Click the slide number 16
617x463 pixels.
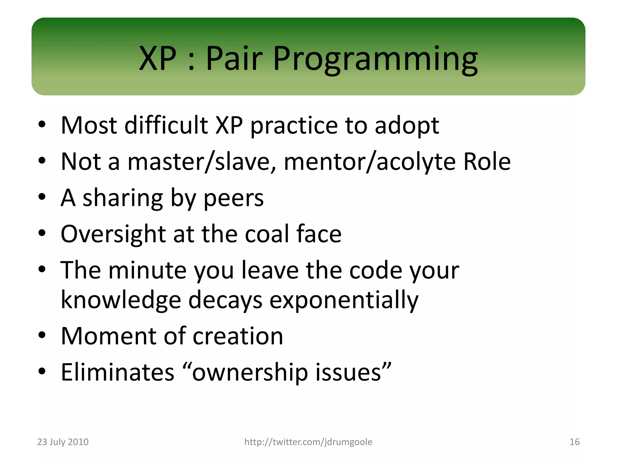coord(575,442)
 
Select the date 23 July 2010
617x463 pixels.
coord(63,442)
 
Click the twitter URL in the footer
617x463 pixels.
coord(308,442)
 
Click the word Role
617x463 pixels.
coord(487,162)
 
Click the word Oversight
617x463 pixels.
coord(113,235)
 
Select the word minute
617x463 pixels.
coord(147,270)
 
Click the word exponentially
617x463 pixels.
coord(344,301)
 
